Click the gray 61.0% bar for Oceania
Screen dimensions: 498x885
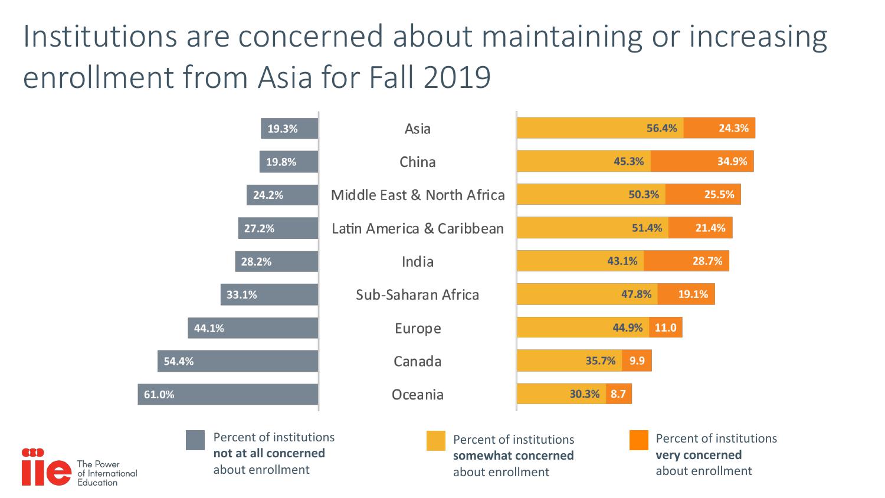[x=228, y=394]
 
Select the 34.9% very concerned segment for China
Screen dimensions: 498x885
[x=702, y=162]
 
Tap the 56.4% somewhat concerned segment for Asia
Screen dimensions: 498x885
[x=600, y=128]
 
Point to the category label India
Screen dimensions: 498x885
[x=418, y=261]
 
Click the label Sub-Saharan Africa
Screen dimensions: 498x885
[x=417, y=294]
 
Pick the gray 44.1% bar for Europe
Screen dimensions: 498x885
[x=253, y=328]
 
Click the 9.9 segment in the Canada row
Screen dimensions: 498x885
[x=637, y=361]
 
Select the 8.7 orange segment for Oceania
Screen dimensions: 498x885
[x=618, y=394]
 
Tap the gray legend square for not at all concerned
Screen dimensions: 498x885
[x=195, y=440]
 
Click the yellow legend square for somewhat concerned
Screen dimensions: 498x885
[x=436, y=441]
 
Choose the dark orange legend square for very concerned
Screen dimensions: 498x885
[x=639, y=440]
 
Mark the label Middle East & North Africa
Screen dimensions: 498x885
[x=418, y=195]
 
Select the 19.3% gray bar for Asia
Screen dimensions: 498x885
[x=289, y=128]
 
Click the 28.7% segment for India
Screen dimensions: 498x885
[x=686, y=261]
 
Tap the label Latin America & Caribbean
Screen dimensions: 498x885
[x=418, y=228]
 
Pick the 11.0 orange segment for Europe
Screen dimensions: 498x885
[x=666, y=327]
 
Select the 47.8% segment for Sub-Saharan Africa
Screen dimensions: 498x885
[x=587, y=294]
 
